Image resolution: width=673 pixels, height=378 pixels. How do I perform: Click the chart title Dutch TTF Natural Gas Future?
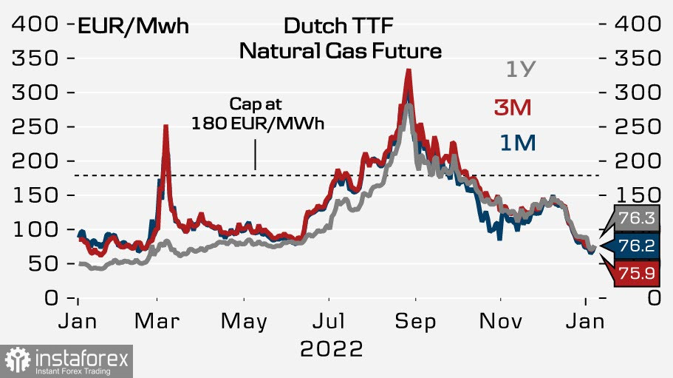click(340, 39)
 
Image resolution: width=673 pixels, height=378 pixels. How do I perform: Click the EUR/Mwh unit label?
click(133, 27)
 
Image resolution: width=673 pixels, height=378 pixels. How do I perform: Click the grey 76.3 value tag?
click(635, 218)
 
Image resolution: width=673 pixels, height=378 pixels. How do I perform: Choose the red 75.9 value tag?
click(635, 274)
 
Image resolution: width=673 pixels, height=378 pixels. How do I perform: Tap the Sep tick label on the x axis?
click(415, 323)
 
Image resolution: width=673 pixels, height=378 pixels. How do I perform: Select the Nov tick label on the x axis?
click(501, 323)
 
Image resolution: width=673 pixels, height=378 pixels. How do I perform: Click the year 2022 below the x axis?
click(332, 348)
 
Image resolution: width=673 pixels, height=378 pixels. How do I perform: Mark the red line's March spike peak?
click(165, 126)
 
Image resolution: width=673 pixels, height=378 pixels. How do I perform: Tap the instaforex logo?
click(66, 362)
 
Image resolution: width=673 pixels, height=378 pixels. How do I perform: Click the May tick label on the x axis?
click(244, 323)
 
